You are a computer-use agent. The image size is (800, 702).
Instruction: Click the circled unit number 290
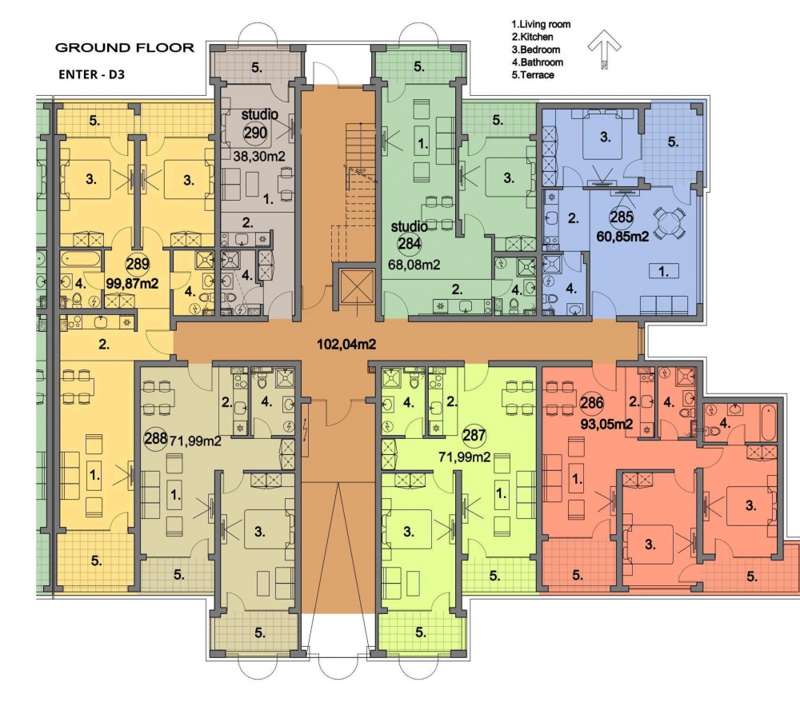(x=255, y=133)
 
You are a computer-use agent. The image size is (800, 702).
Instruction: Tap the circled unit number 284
(x=409, y=244)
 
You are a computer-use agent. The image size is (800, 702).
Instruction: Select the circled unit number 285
(x=622, y=217)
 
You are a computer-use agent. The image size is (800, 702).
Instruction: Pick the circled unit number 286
(x=592, y=403)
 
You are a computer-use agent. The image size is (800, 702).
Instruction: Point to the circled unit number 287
(x=474, y=436)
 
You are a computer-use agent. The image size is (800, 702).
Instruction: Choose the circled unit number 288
(x=156, y=438)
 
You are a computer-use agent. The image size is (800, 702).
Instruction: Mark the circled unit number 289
(x=138, y=264)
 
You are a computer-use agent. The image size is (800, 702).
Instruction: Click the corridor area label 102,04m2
(x=346, y=345)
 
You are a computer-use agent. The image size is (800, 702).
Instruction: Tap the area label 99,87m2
(x=132, y=284)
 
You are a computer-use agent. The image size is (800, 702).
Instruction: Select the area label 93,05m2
(x=607, y=424)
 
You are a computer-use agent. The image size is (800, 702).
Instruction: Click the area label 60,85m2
(x=622, y=237)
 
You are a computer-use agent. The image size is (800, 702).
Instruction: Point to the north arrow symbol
(x=604, y=49)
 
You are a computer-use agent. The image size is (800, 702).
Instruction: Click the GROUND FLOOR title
(x=125, y=48)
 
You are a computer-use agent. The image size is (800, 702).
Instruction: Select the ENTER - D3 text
(x=92, y=74)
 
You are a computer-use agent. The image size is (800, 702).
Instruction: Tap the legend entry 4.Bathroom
(x=538, y=62)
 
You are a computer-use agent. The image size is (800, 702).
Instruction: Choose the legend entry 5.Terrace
(x=533, y=75)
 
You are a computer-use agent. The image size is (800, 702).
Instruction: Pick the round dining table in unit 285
(x=670, y=223)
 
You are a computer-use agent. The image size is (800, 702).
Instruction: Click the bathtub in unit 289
(x=81, y=259)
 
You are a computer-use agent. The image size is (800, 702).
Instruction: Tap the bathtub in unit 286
(x=768, y=423)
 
